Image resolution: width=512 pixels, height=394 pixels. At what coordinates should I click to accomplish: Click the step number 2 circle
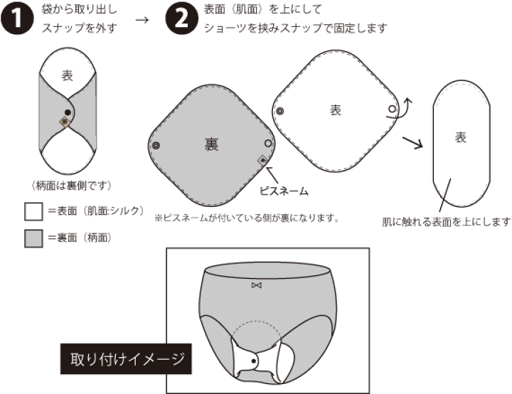181,19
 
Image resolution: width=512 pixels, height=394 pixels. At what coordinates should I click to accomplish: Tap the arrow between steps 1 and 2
142,19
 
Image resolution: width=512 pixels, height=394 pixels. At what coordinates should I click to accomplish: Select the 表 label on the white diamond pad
336,110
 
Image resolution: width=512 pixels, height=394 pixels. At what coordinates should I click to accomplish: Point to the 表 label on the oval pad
460,137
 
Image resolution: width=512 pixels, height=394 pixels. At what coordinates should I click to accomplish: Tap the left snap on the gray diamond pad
156,145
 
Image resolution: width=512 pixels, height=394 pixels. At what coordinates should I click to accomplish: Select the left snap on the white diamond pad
280,111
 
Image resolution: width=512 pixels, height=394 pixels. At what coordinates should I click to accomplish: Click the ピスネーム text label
284,191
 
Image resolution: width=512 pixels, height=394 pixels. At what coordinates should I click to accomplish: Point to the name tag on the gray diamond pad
263,161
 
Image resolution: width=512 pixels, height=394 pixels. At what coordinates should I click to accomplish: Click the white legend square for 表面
34,211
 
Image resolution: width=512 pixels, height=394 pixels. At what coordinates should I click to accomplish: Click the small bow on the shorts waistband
257,285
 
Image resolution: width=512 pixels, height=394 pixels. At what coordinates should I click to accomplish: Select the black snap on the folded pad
67,112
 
